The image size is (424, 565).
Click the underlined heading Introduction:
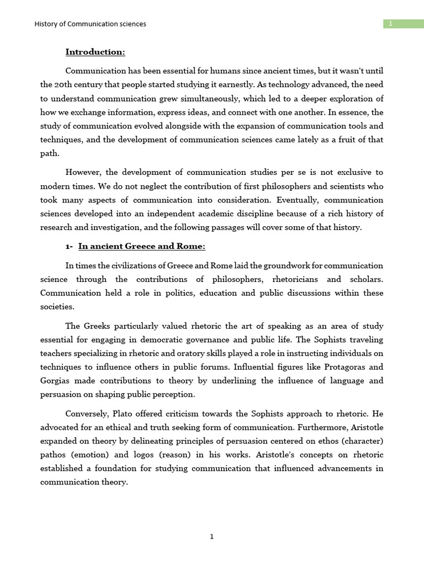[x=95, y=52]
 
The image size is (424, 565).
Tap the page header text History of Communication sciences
[x=90, y=24]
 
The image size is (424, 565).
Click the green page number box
[x=404, y=23]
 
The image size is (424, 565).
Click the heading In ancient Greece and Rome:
[x=142, y=246]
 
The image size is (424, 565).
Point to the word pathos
[x=54, y=455]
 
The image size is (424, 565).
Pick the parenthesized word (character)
[x=362, y=441]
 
